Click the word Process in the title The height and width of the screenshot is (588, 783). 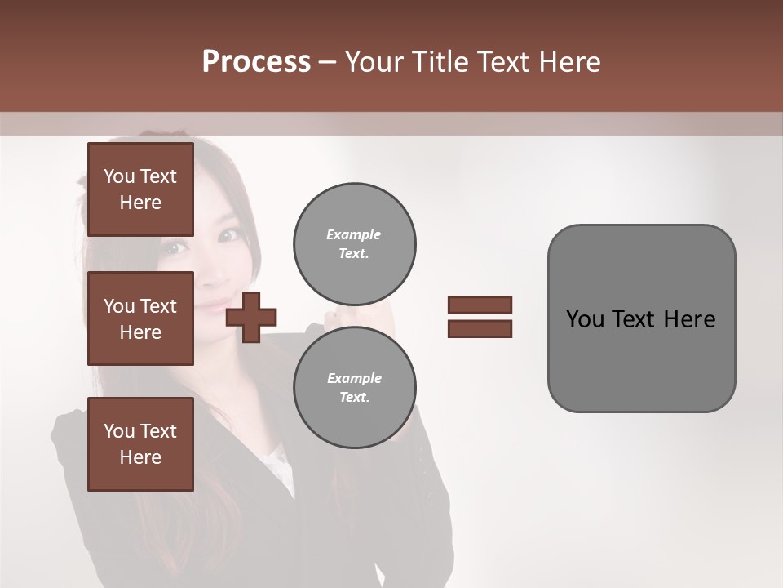[x=256, y=62]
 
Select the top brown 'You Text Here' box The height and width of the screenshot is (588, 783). [x=140, y=189]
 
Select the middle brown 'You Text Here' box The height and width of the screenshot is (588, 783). [x=140, y=318]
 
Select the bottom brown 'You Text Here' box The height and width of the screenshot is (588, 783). [x=140, y=444]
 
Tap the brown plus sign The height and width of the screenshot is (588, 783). [x=251, y=316]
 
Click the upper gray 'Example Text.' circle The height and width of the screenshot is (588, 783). [x=354, y=244]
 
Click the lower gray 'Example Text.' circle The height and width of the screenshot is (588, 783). [x=354, y=388]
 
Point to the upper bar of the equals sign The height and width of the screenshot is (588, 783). [x=480, y=305]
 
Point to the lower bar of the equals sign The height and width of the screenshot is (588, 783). [x=480, y=329]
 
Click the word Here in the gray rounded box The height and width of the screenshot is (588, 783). [x=689, y=319]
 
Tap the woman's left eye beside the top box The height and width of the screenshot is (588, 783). [x=229, y=234]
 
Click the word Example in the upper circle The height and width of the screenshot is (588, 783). [x=353, y=234]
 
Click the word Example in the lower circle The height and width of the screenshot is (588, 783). [x=354, y=378]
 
